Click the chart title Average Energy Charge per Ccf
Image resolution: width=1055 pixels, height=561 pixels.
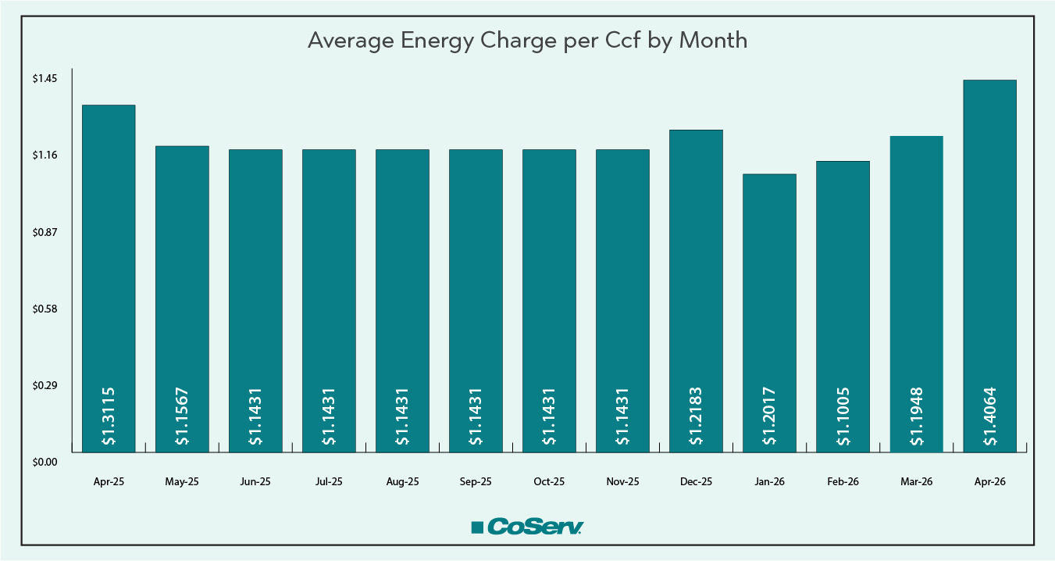527,41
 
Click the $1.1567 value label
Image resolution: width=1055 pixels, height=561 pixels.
182,416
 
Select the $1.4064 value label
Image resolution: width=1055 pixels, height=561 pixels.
989,416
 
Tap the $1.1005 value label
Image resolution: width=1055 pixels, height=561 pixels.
843,416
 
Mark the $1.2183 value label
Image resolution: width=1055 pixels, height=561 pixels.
696,416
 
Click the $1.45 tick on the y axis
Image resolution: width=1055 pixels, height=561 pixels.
45,79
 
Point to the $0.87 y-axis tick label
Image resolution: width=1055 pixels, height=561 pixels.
45,232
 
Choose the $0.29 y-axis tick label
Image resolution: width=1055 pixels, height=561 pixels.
45,385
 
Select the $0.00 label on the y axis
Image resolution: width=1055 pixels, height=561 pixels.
45,462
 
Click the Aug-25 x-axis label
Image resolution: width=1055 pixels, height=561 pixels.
402,482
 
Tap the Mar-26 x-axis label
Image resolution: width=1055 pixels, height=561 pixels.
916,482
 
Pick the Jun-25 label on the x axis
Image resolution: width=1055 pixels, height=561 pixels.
255,482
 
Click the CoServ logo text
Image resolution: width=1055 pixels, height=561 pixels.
536,527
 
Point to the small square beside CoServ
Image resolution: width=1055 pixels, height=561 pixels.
477,528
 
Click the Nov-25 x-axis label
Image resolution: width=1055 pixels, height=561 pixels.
622,482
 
